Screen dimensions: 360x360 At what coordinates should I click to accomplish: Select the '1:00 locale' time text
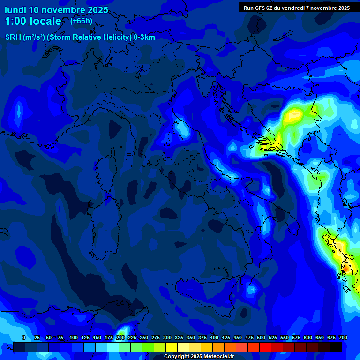(33, 21)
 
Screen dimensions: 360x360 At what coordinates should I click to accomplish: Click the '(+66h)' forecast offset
(81, 21)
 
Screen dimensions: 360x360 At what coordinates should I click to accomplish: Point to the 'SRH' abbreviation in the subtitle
(13, 37)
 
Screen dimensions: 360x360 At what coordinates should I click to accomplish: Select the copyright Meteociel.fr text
(199, 357)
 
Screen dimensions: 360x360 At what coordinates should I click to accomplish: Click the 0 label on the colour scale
(24, 337)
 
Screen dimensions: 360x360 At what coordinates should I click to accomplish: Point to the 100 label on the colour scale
(74, 337)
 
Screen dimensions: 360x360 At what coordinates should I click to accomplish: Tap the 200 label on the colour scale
(120, 337)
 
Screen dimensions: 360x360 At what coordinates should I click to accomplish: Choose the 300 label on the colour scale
(167, 337)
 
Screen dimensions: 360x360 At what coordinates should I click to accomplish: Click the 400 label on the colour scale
(214, 337)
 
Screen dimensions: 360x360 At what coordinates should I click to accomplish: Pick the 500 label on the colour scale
(261, 337)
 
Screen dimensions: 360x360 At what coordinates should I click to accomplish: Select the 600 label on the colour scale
(308, 337)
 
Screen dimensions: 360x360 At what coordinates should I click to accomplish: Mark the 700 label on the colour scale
(343, 337)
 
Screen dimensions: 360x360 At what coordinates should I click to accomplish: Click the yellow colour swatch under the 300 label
(171, 347)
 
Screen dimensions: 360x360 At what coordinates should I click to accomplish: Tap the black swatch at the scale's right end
(335, 347)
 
